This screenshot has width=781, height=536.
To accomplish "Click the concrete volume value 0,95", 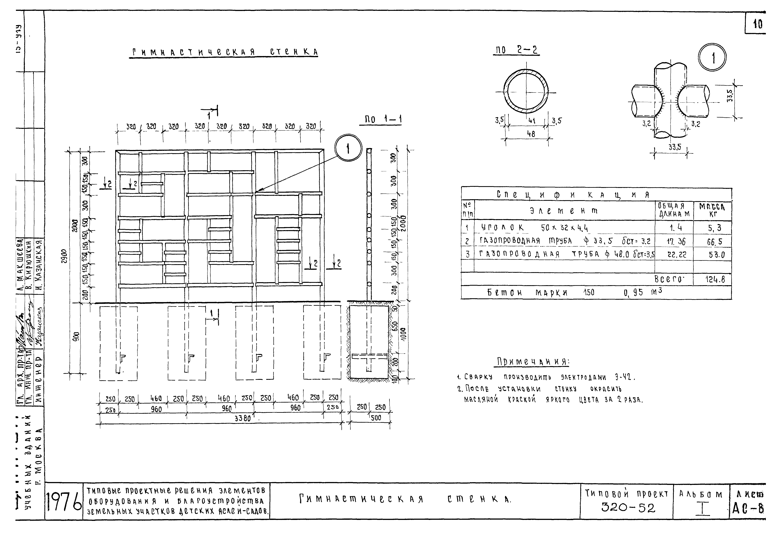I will click(633, 293).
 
